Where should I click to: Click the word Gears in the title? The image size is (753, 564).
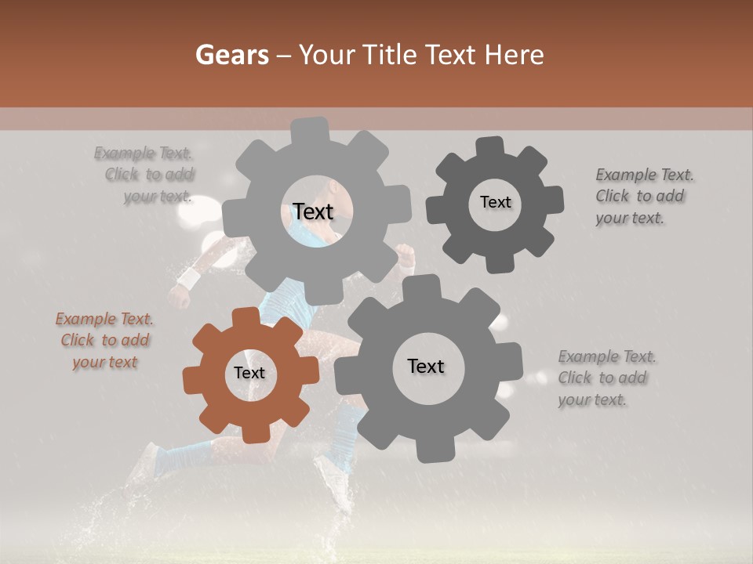coord(232,55)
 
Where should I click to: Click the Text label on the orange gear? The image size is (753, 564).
coord(249,374)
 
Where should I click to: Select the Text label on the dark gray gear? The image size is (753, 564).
coord(496,202)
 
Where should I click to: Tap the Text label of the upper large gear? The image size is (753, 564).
coord(313,211)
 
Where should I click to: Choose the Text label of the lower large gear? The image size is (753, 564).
coord(426,366)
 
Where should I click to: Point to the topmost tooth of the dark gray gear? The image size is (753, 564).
coord(489,147)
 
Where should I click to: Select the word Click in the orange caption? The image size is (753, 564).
coord(78,341)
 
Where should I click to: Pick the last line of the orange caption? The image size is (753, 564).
coord(104,362)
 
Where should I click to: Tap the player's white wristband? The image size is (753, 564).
coord(189,278)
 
